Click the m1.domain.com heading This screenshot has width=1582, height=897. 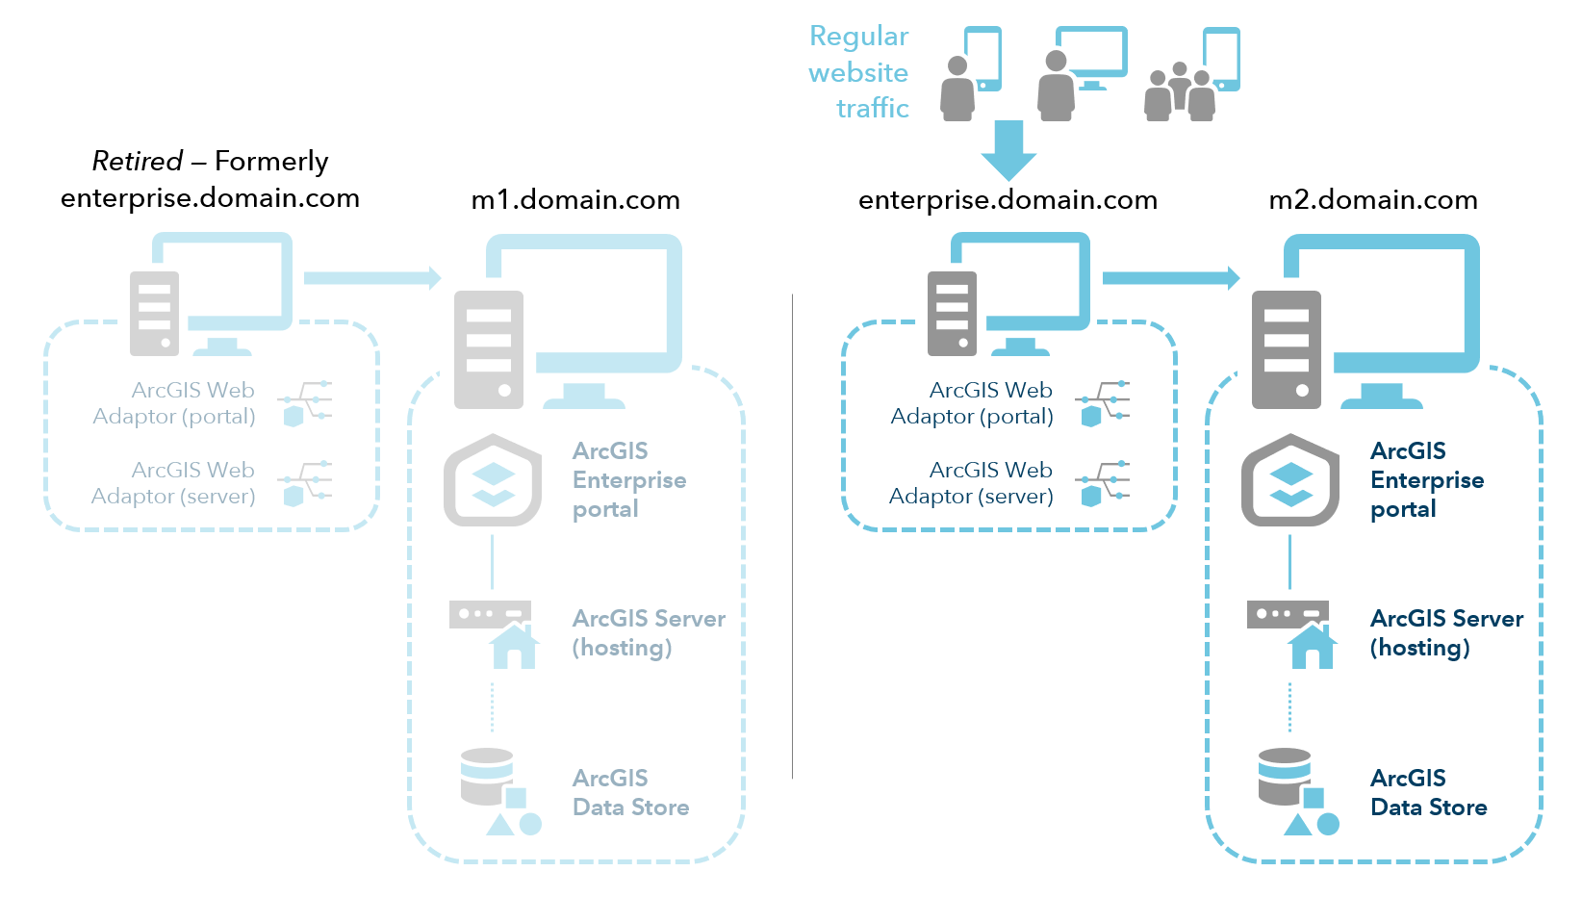click(575, 200)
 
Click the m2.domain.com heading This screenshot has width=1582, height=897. click(1373, 200)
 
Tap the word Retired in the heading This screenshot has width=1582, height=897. click(137, 161)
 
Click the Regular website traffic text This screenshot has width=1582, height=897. click(859, 72)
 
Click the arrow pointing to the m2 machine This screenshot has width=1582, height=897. click(1170, 278)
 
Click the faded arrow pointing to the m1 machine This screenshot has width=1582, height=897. click(371, 278)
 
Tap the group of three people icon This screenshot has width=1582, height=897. click(1180, 92)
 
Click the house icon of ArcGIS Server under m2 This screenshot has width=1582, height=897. click(1312, 647)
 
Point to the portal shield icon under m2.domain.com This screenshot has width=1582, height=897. click(1289, 480)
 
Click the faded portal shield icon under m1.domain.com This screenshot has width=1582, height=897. click(493, 480)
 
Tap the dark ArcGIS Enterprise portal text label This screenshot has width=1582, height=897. click(1426, 480)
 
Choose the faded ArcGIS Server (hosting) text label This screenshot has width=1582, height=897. click(648, 632)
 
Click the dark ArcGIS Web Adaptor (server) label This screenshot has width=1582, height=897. click(972, 483)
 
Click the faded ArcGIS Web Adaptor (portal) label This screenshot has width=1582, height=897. click(175, 403)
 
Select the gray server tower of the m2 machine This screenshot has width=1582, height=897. click(1286, 349)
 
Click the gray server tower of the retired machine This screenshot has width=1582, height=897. click(154, 314)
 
